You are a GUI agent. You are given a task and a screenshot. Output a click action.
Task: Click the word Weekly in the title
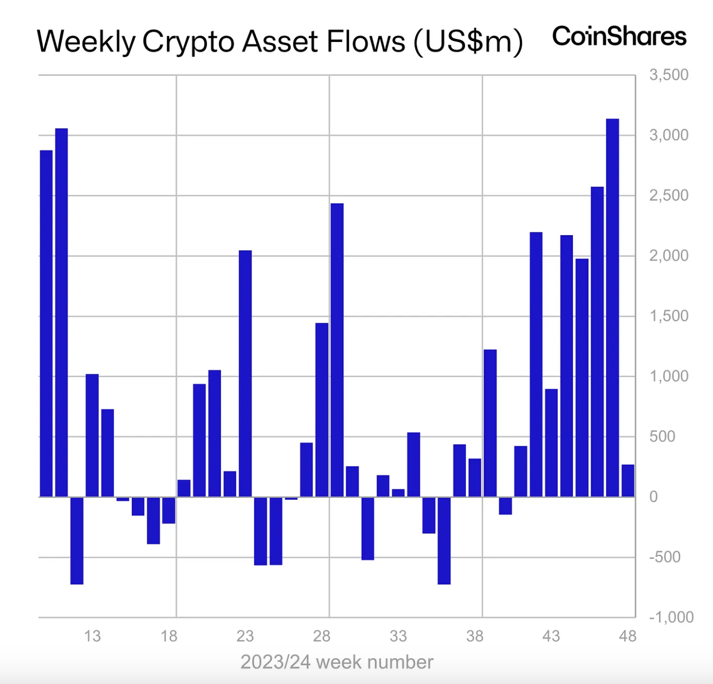tap(86, 42)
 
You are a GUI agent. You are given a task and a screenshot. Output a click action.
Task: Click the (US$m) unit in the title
tap(468, 42)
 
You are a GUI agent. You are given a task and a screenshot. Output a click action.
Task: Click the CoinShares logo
tap(619, 36)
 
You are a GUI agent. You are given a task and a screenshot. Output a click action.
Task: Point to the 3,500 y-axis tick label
tap(668, 75)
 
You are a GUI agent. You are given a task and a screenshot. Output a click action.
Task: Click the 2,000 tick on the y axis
tap(668, 255)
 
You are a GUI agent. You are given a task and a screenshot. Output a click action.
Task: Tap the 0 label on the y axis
tap(654, 497)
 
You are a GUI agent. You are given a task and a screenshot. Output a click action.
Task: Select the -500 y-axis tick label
tap(665, 557)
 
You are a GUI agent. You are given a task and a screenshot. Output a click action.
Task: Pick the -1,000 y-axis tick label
tap(671, 617)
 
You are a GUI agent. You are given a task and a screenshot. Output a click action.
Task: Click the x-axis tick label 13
tap(92, 636)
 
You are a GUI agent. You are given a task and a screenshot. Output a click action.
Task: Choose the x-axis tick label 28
tap(322, 636)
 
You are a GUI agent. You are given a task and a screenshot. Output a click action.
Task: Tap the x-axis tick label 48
tap(627, 636)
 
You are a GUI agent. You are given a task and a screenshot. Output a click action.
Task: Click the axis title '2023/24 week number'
tap(337, 662)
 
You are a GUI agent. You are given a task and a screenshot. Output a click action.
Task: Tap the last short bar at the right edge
tap(628, 481)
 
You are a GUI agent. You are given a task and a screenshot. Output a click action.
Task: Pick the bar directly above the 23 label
tap(245, 374)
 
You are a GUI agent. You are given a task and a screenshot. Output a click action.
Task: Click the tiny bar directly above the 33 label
tap(398, 493)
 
